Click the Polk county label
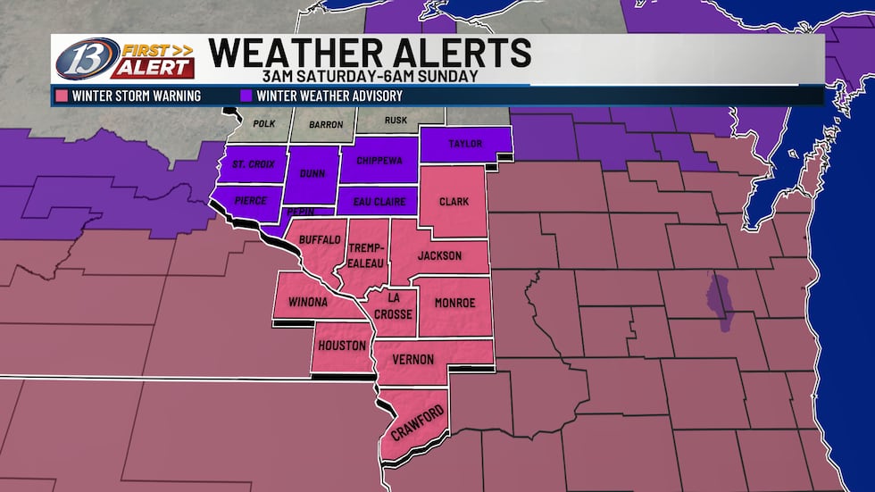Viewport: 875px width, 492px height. (x=264, y=123)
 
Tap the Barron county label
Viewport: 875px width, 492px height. (x=325, y=125)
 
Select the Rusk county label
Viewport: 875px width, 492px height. (x=396, y=121)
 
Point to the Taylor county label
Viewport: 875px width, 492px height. (x=465, y=144)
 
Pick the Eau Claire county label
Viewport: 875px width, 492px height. (x=379, y=201)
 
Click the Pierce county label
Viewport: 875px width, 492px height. (x=250, y=201)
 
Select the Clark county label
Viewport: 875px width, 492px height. (x=454, y=202)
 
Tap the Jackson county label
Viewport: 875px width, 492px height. (x=440, y=256)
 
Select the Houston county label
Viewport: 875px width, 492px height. (x=340, y=346)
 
